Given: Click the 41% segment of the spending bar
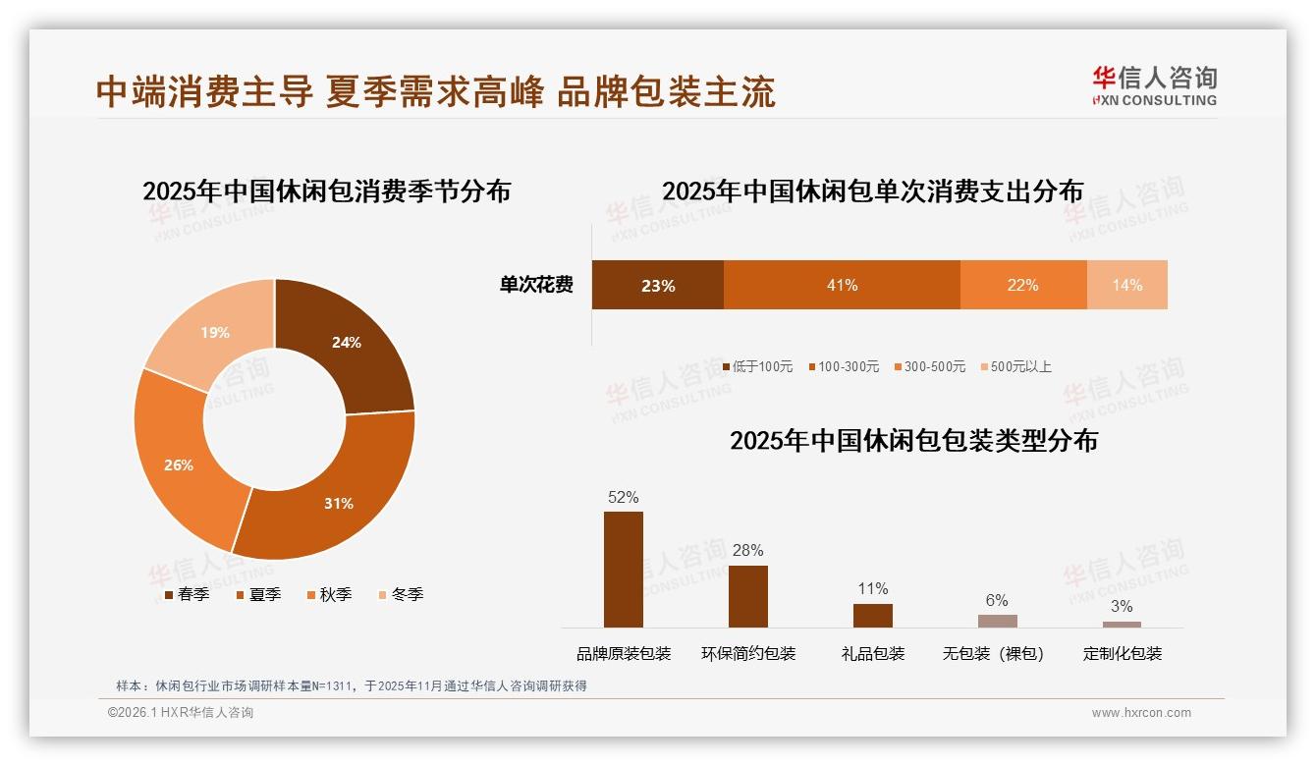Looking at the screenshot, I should coord(842,286).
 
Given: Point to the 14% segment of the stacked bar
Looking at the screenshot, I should coord(1127,286).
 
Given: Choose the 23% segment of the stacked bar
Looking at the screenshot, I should coord(657,286).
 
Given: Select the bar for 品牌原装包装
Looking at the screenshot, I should coord(623,570).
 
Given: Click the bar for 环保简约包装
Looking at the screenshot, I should coord(747,596).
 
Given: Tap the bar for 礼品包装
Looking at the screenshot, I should coord(872,616).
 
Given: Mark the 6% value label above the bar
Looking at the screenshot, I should coord(997,601).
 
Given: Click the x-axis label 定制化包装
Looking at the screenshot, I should coord(1122,654).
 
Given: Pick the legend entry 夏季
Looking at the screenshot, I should coord(259,595).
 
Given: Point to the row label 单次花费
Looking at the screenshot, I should coord(536,286).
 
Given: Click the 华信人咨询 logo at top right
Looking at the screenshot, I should coord(1154,85).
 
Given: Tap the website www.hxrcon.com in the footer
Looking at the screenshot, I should coord(1140,713).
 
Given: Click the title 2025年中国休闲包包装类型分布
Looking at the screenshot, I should coord(913,441).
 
